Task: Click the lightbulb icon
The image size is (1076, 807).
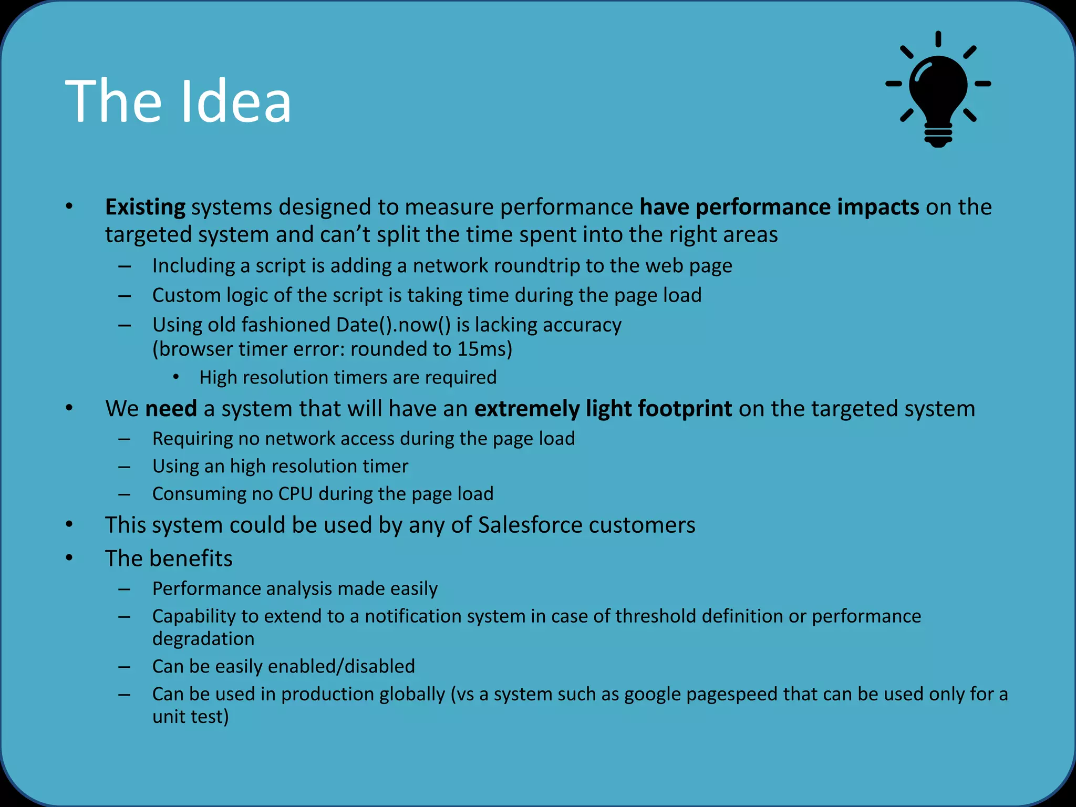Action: coord(938,92)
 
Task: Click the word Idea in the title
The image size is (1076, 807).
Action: coord(236,101)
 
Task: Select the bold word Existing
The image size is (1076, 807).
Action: coord(145,207)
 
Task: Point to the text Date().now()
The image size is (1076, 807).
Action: coord(393,325)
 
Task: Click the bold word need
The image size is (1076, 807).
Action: coord(171,409)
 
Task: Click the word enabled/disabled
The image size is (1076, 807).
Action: coord(342,666)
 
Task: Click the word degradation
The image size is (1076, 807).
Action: coord(203,639)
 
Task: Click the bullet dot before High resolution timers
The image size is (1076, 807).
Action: coord(177,377)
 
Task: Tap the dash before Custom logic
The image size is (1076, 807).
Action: coord(125,296)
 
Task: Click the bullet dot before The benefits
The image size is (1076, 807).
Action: coord(69,557)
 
